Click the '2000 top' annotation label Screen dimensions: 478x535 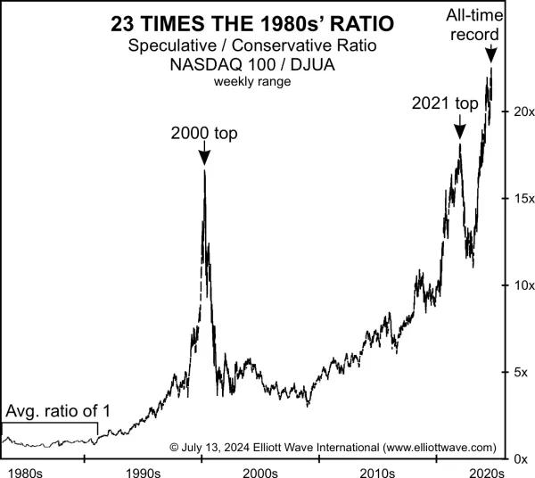click(x=204, y=134)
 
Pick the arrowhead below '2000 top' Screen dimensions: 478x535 click(x=204, y=158)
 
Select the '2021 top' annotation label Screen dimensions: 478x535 click(x=445, y=103)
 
